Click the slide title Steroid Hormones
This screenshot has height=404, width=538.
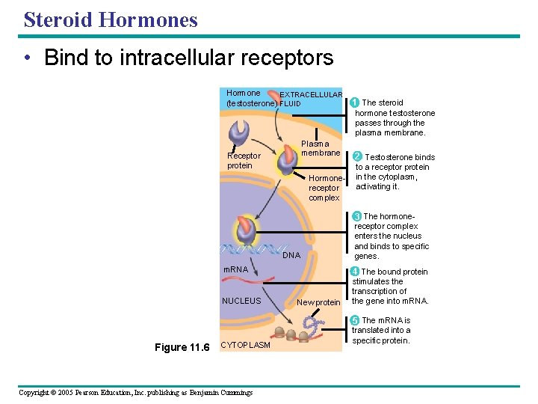pos(111,19)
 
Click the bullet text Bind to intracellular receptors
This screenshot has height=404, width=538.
pos(188,58)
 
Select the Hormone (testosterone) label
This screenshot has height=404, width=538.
pos(252,98)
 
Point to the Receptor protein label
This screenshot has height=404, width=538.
pos(244,161)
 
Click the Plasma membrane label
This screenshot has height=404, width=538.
pos(321,148)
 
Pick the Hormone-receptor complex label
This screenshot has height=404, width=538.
pos(324,189)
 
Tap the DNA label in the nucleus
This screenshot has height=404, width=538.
pos(291,255)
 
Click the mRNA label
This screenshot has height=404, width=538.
pos(236,269)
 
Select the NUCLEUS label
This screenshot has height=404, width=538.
pos(241,301)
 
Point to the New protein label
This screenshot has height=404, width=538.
pos(318,302)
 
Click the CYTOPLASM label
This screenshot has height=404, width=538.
pos(246,345)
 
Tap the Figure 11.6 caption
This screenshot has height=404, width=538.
pos(182,347)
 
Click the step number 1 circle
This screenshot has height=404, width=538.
pos(355,102)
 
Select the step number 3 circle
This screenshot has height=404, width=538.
pos(356,216)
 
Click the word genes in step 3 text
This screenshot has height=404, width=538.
pos(366,256)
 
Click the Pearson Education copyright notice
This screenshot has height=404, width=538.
pos(135,393)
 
